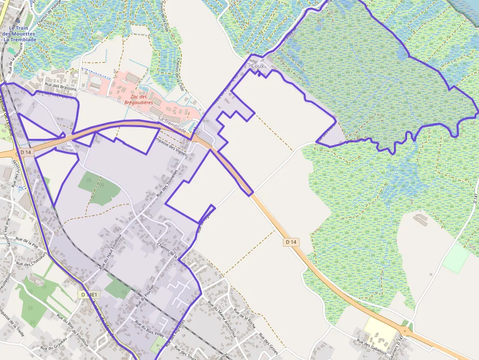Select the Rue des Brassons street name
(x=61, y=88)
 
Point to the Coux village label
(x=258, y=66)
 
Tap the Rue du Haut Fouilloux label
(x=109, y=252)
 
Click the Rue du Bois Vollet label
(x=149, y=329)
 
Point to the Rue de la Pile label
(x=27, y=241)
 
